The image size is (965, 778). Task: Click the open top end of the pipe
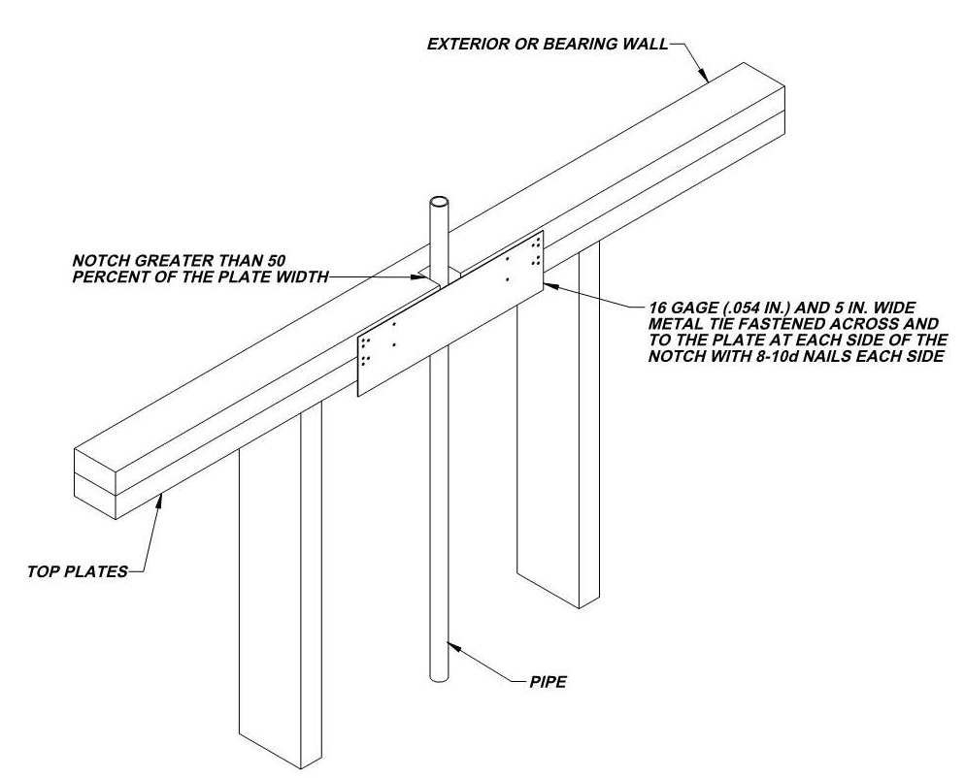click(439, 204)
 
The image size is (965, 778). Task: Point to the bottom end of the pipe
click(439, 678)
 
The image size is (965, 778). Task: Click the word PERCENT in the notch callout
click(108, 276)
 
